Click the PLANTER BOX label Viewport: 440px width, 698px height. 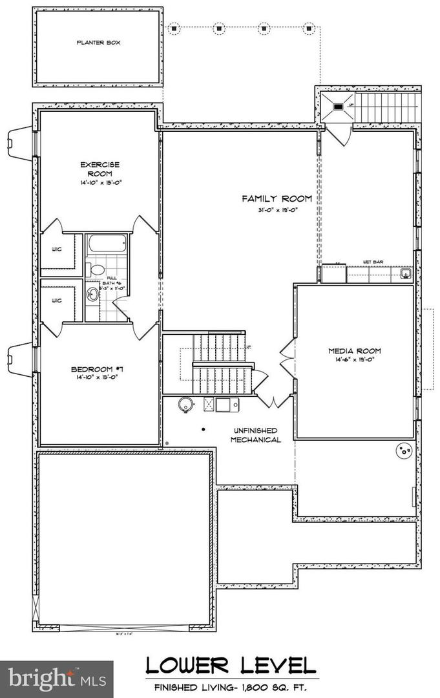pyautogui.click(x=99, y=43)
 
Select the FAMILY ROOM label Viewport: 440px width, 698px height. pyautogui.click(x=277, y=198)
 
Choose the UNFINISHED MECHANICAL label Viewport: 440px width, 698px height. pyautogui.click(x=256, y=435)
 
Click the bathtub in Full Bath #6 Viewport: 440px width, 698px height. pyautogui.click(x=107, y=244)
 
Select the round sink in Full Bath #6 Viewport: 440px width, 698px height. pyautogui.click(x=92, y=295)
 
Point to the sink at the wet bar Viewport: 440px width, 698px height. pyautogui.click(x=406, y=274)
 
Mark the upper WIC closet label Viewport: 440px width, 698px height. pyautogui.click(x=57, y=249)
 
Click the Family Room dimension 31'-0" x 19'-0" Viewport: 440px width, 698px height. pyautogui.click(x=277, y=210)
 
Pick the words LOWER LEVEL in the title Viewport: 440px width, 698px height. pyautogui.click(x=231, y=666)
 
